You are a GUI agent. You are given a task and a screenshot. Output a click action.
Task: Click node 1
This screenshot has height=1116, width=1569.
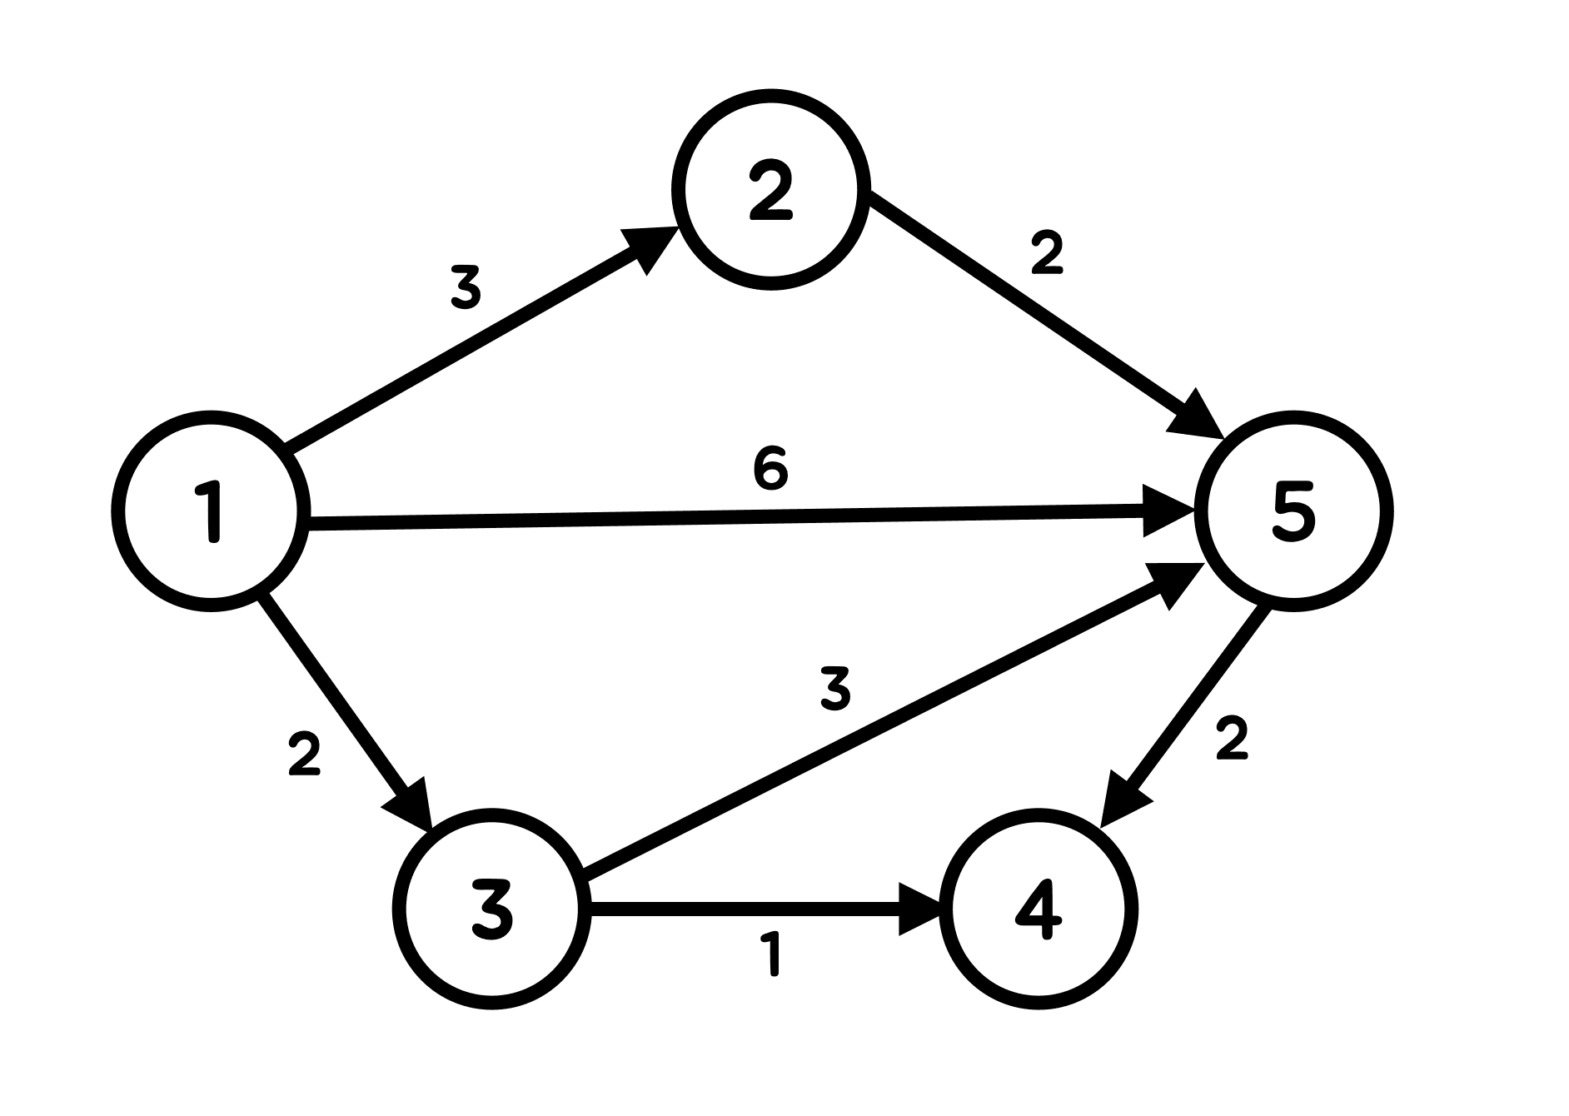click(211, 511)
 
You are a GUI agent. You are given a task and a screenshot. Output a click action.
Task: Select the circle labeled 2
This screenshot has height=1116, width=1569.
click(771, 191)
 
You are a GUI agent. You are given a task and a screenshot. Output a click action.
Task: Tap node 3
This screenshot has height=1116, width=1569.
click(491, 909)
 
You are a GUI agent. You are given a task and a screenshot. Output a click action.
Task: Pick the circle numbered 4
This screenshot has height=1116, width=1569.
click(1039, 909)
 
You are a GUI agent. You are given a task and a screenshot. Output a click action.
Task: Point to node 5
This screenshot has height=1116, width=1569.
click(1293, 511)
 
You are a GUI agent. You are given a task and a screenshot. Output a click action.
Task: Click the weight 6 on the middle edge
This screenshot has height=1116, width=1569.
click(770, 468)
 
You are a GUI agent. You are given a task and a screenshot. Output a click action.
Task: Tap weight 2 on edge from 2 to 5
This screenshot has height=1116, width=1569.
click(1047, 252)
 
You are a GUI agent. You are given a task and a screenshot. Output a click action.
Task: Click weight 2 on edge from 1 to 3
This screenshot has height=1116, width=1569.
click(304, 754)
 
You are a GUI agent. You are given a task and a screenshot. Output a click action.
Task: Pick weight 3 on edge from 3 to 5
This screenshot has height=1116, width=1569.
click(835, 690)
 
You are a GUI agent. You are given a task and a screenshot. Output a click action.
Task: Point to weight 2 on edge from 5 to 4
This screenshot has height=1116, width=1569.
click(1232, 738)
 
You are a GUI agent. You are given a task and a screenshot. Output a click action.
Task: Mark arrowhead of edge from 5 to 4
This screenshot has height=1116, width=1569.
click(1122, 802)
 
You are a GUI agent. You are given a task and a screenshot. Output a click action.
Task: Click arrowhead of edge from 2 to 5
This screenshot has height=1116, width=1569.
click(1198, 416)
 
